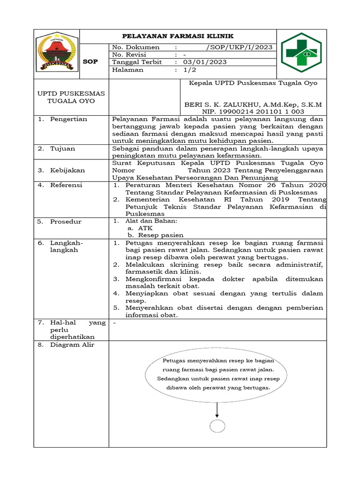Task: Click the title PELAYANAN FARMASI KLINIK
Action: click(x=178, y=36)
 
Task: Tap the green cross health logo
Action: click(x=301, y=52)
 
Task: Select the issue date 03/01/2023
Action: click(x=205, y=62)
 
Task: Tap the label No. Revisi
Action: click(x=130, y=55)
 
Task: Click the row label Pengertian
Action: click(x=68, y=119)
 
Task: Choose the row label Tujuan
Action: click(x=63, y=149)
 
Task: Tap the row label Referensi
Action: click(x=66, y=185)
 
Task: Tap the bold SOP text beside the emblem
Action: click(x=90, y=62)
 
